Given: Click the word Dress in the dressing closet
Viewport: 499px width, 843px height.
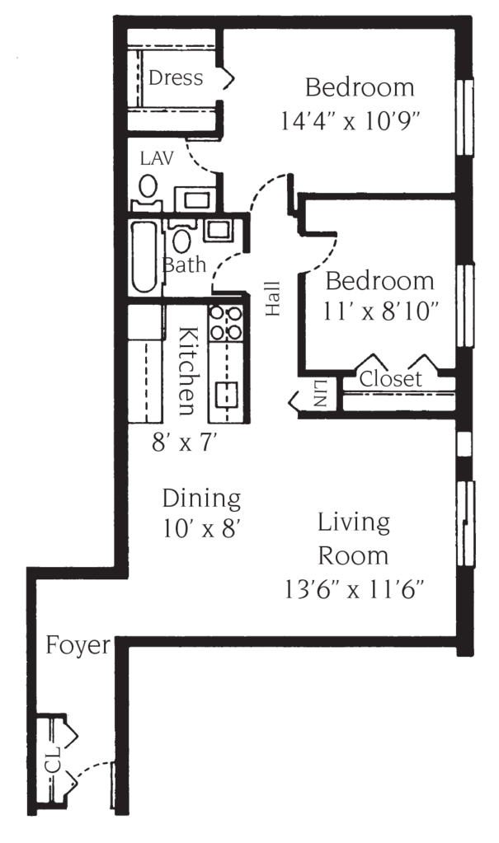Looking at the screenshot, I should point(175,78).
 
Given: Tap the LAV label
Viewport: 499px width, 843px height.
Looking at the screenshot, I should point(156,158).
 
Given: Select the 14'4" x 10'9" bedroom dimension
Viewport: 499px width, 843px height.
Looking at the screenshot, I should point(351,123).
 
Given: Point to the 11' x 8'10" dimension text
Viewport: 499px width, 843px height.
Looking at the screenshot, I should point(380,311).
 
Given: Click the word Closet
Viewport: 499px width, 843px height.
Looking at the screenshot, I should point(391,380).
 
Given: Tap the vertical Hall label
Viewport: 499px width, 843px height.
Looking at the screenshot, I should point(272,298).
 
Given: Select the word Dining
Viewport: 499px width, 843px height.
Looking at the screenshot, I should point(200,499).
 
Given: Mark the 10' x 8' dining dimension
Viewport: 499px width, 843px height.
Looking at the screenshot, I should point(200,527).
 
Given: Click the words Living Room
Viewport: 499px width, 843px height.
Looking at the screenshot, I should point(353,538).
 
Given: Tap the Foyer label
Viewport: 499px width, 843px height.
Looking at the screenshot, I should point(77,646).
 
